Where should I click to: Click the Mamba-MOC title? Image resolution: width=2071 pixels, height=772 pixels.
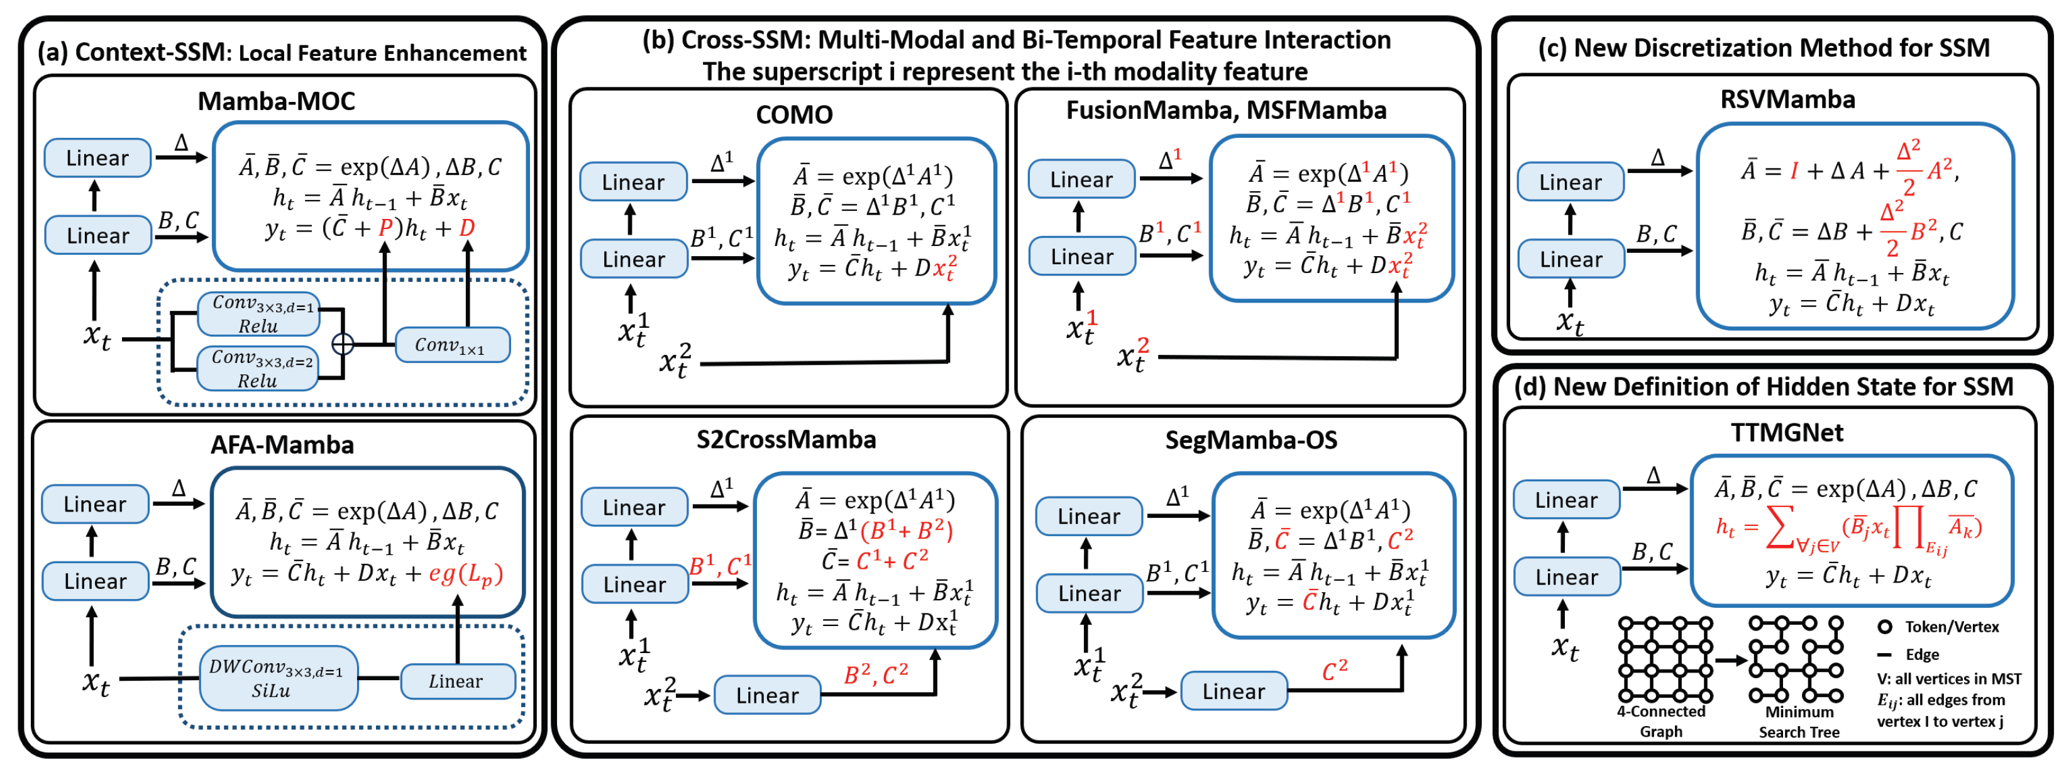pyautogui.click(x=276, y=101)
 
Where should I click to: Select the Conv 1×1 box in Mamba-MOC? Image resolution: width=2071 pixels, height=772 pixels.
pyautogui.click(x=453, y=345)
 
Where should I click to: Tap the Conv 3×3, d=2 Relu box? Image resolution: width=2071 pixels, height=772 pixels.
pyautogui.click(x=257, y=368)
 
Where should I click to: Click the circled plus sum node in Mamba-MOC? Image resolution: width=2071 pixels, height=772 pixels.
pyautogui.click(x=343, y=344)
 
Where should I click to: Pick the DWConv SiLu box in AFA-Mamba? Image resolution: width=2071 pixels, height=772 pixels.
pyautogui.click(x=278, y=678)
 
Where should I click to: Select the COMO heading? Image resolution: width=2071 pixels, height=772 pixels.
pyautogui.click(x=793, y=114)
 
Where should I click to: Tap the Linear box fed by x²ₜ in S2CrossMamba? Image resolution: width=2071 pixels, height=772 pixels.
pyautogui.click(x=767, y=695)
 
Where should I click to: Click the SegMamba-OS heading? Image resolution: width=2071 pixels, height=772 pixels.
pyautogui.click(x=1251, y=440)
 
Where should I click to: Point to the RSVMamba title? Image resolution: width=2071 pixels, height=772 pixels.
pyautogui.click(x=1787, y=99)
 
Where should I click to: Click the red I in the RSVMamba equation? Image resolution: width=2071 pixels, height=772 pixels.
pyautogui.click(x=1794, y=171)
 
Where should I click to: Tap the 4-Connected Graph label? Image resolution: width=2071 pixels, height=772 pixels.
pyautogui.click(x=1661, y=721)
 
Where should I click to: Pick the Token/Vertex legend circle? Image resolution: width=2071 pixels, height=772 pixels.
pyautogui.click(x=1884, y=627)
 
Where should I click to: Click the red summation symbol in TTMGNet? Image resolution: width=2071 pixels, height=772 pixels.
pyautogui.click(x=1780, y=530)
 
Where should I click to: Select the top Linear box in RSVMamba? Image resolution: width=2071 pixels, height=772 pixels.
pyautogui.click(x=1570, y=182)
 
